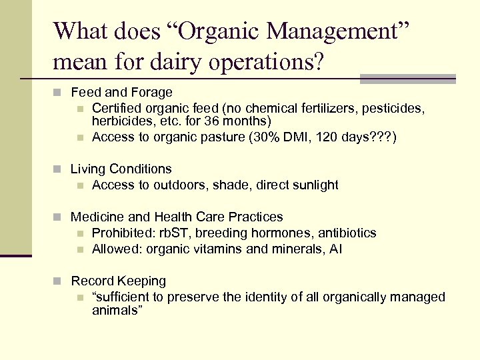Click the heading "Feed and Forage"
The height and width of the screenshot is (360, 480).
pos(121,93)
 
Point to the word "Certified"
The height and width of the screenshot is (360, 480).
pos(117,108)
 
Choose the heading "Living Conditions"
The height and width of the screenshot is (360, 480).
pos(121,169)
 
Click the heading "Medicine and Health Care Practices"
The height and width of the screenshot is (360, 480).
pos(177,217)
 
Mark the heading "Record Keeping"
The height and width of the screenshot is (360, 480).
pos(118,281)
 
